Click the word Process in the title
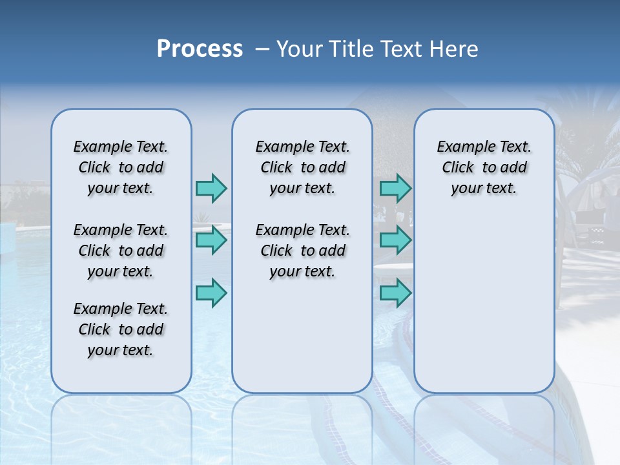[200, 48]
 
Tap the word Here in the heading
[453, 49]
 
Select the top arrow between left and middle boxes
[211, 188]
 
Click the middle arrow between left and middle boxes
[211, 240]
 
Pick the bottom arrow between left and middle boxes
[211, 293]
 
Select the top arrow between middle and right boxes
[395, 189]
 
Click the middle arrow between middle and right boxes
[395, 240]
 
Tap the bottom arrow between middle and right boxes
[395, 293]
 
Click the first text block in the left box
[121, 167]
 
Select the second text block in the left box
[121, 251]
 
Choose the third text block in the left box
[121, 329]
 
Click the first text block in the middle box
[302, 167]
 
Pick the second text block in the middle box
[302, 251]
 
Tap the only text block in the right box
[484, 167]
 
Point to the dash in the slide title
[263, 49]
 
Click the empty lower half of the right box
[484, 310]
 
